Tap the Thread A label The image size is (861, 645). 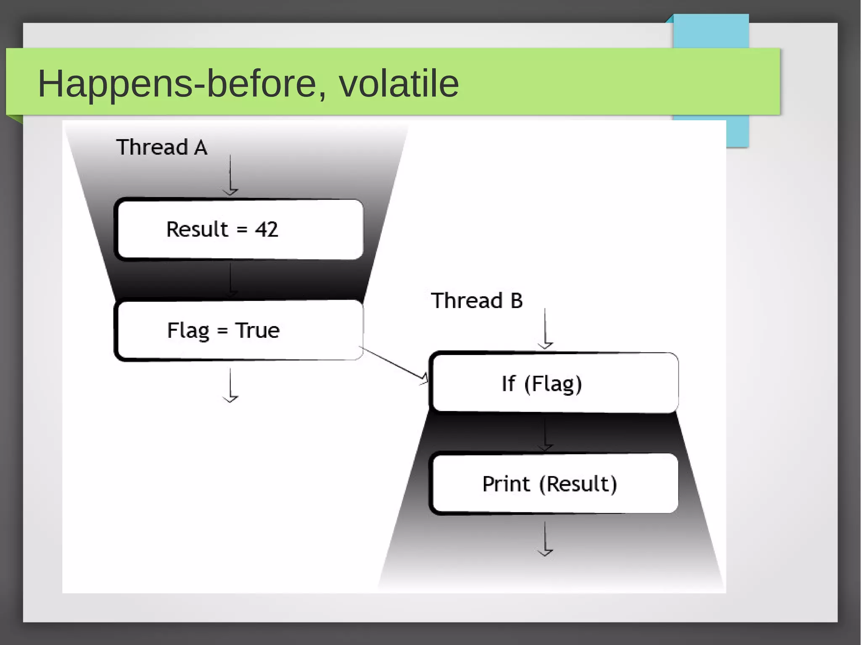click(x=161, y=147)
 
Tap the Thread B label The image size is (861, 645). click(x=477, y=301)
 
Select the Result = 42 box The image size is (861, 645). click(x=239, y=229)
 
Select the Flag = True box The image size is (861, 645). click(x=239, y=330)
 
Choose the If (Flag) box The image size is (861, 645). click(x=553, y=383)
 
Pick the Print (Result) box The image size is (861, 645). click(x=553, y=484)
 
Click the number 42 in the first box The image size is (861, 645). click(x=267, y=229)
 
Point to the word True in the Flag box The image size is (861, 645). click(x=257, y=330)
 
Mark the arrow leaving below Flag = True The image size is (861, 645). click(x=230, y=385)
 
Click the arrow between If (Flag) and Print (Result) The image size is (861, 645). click(x=545, y=433)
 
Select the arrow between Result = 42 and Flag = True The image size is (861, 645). click(x=230, y=279)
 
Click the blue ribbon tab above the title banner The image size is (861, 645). click(x=710, y=32)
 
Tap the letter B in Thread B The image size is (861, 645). click(x=516, y=301)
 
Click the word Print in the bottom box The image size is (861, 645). click(x=506, y=484)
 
